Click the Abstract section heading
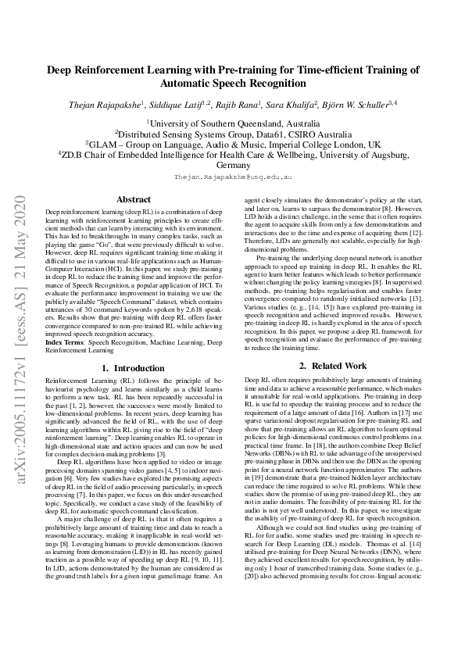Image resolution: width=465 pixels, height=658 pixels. [133, 199]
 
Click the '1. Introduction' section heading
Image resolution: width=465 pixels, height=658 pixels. [133, 367]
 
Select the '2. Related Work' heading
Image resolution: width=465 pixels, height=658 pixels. [333, 365]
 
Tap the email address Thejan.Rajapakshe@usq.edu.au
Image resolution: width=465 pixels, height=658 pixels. [232, 178]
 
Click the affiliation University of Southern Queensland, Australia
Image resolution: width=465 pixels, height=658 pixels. [232, 123]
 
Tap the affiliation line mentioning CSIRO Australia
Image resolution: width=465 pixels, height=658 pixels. [232, 134]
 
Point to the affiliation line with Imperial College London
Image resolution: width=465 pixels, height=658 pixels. [232, 145]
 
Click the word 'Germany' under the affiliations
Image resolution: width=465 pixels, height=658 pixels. [232, 166]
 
